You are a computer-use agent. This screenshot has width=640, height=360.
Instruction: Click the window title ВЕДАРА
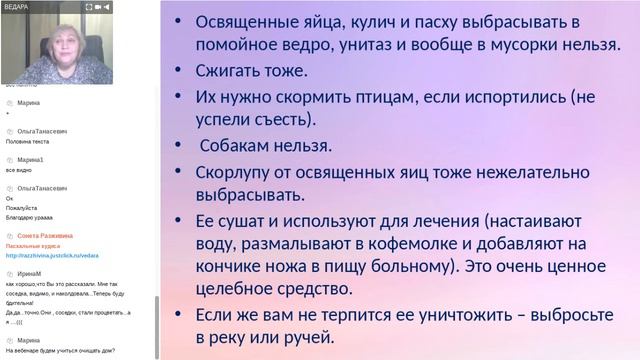19,5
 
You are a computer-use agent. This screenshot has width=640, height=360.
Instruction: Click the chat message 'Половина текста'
27,141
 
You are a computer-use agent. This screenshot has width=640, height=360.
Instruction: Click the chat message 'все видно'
20,169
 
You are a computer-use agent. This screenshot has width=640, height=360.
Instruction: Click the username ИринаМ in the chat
29,273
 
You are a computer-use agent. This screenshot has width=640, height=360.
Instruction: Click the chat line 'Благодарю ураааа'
31,216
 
